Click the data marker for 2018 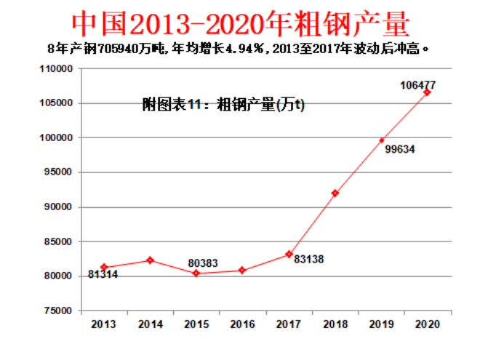pyautogui.click(x=335, y=193)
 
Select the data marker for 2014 pyautogui.click(x=151, y=260)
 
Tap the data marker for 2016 pyautogui.click(x=242, y=271)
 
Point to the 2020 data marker pyautogui.click(x=427, y=92)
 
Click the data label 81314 pyautogui.click(x=103, y=275)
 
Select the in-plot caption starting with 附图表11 pyautogui.click(x=223, y=105)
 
